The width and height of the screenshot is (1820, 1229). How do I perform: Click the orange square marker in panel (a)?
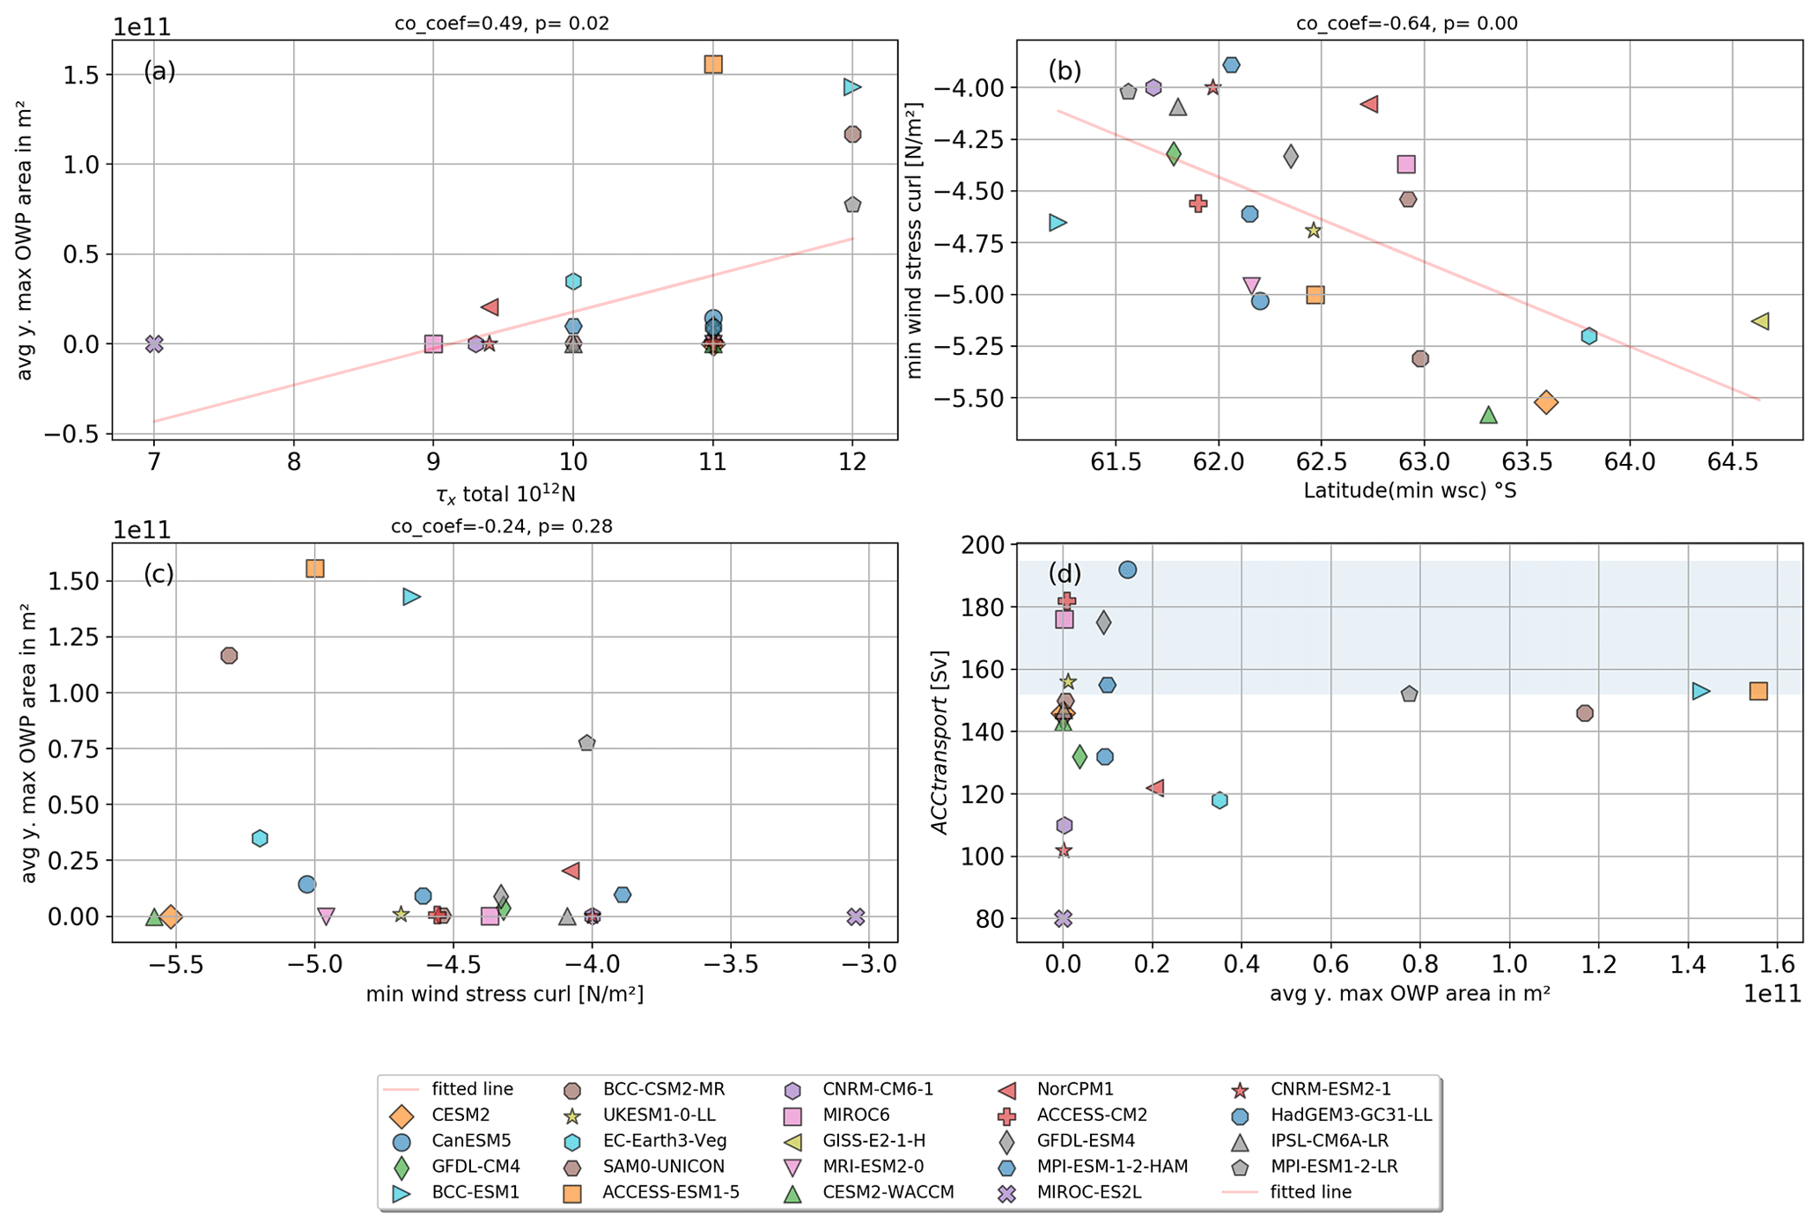pos(713,64)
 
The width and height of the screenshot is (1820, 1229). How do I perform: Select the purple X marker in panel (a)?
pos(154,344)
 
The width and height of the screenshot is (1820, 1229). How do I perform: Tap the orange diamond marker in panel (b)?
pos(1545,402)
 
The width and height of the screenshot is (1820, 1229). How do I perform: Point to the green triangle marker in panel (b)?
pos(1488,415)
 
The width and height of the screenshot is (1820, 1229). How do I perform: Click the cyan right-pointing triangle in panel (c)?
pos(411,597)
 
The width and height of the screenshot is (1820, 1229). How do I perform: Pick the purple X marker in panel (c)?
pos(855,916)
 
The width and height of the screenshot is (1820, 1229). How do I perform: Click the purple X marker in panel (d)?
pos(1063,918)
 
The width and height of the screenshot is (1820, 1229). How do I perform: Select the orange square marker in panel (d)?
pos(1758,691)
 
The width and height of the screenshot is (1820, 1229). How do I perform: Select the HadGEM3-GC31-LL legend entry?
pos(1351,1115)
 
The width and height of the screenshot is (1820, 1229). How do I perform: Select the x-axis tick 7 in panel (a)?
pos(154,462)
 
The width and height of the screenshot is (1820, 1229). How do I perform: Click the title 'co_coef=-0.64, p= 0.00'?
pos(1406,24)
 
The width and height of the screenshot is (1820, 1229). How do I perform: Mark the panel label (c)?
pos(159,574)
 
